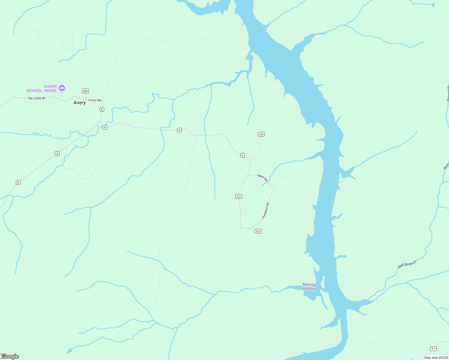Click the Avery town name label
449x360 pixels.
tap(80, 103)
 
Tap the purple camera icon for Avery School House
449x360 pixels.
tap(62, 88)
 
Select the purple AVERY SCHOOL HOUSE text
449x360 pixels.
tap(42, 88)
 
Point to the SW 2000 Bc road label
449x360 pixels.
tap(37, 98)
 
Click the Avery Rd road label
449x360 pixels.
tap(95, 100)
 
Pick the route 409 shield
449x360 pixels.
tap(86, 91)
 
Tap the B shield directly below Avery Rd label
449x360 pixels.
tap(102, 109)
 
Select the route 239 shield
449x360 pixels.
tap(261, 134)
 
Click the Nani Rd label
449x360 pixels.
tap(263, 178)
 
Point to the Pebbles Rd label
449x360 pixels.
tap(266, 210)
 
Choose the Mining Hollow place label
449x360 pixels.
tap(309, 286)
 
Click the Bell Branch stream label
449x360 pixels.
tap(407, 264)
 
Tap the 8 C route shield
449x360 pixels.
tap(433, 349)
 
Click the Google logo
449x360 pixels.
tap(10, 356)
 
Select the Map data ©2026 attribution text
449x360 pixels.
tap(436, 358)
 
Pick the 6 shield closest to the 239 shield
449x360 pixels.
tap(243, 155)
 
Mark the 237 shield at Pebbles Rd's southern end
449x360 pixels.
tap(258, 231)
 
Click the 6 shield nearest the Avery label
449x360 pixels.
tap(105, 127)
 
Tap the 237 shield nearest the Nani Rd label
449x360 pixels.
tap(239, 196)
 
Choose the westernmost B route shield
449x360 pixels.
tap(18, 182)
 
